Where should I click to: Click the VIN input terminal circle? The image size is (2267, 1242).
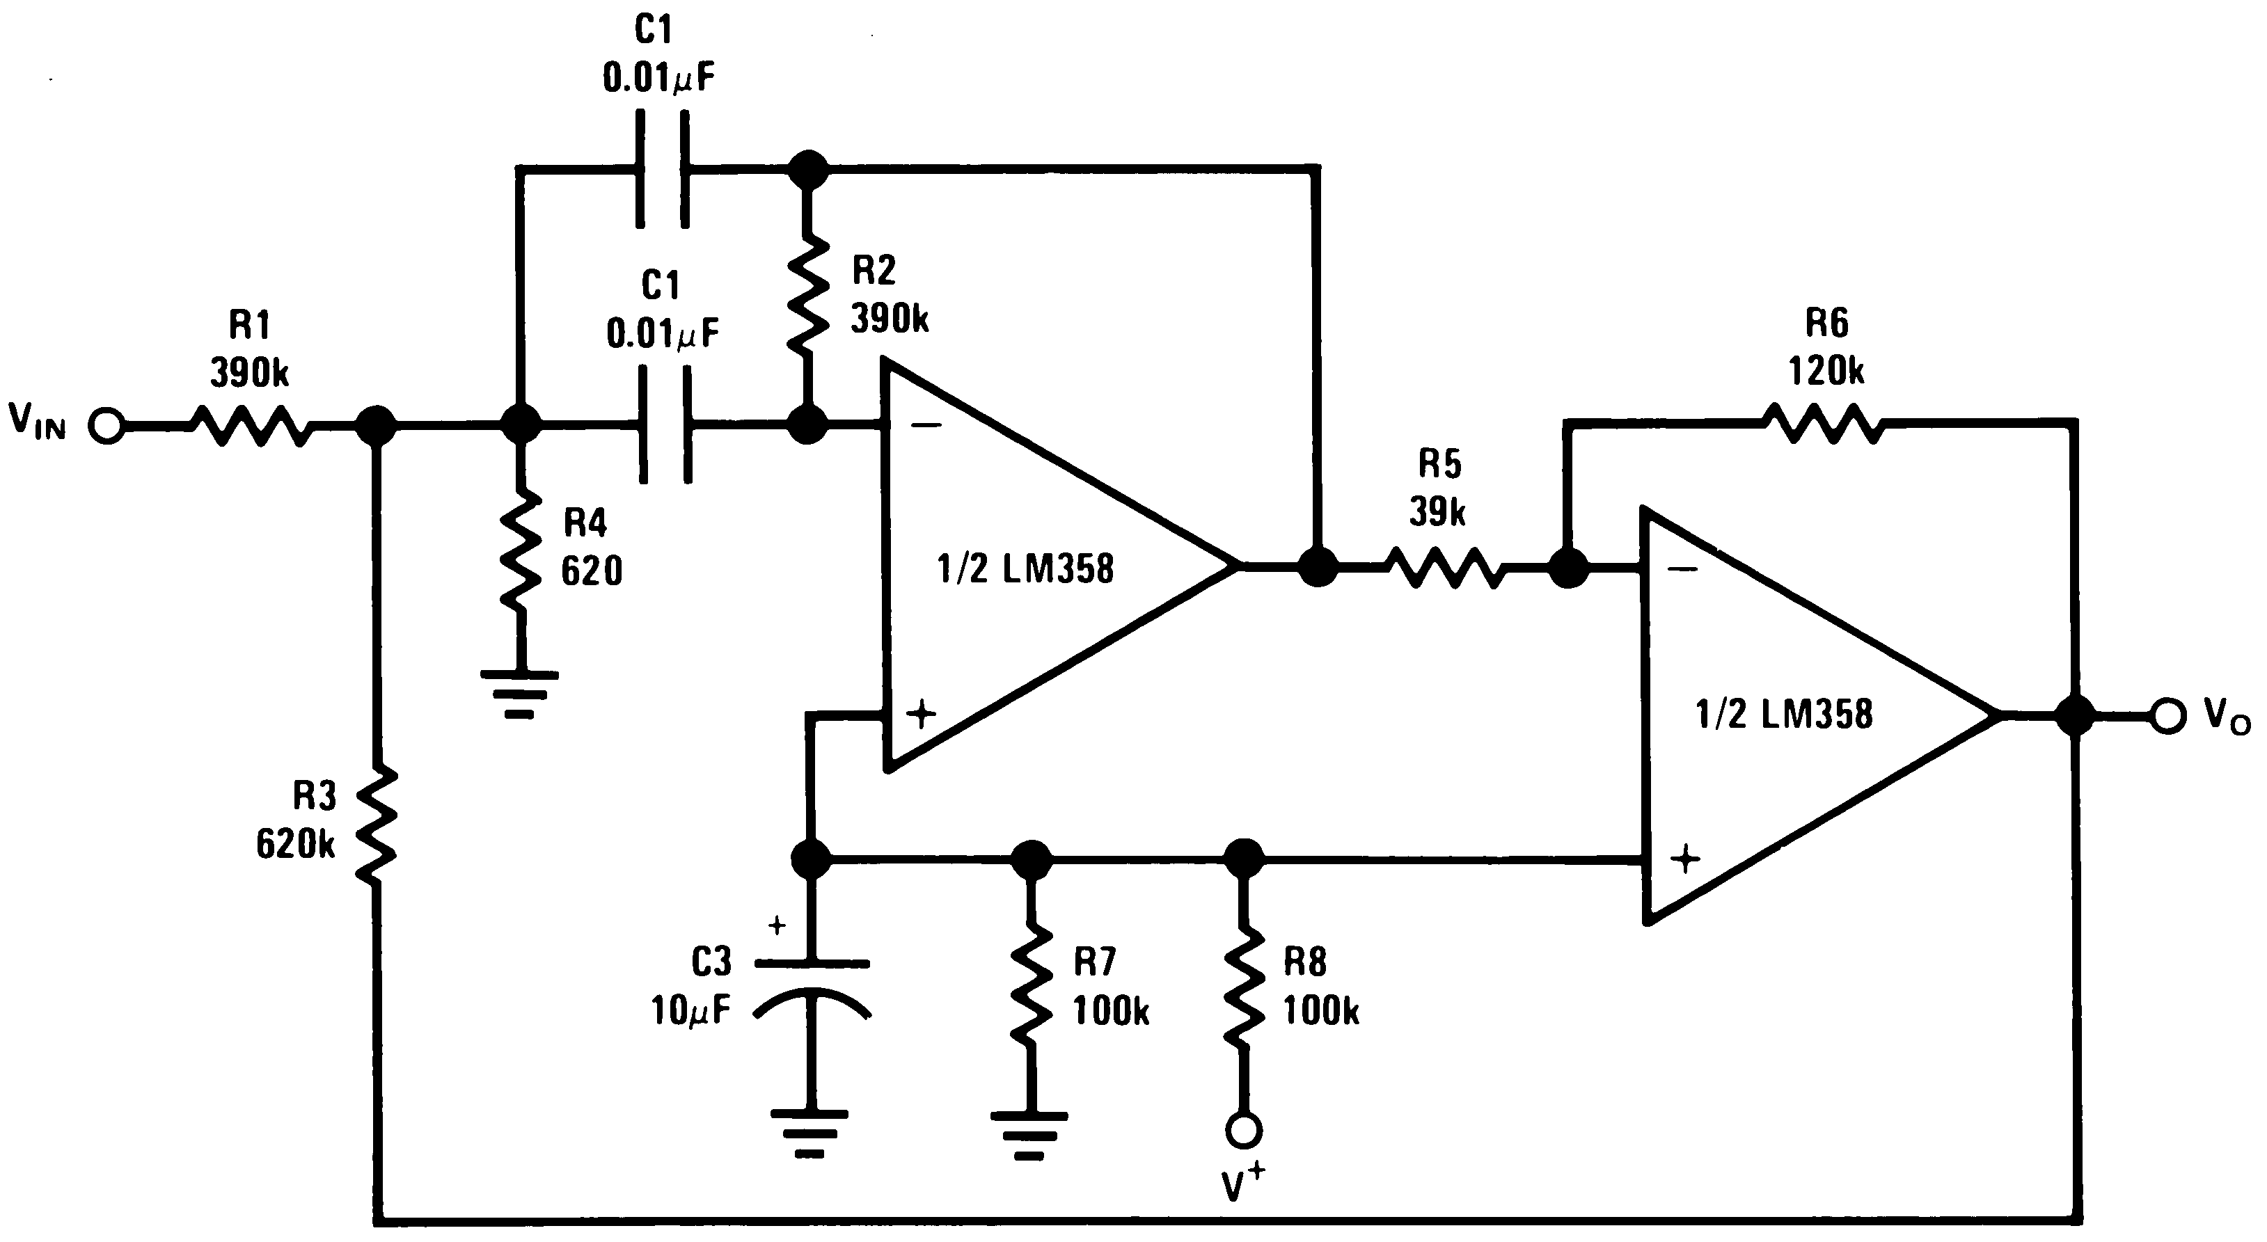pos(107,427)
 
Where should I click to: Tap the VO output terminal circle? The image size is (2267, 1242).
pos(2167,715)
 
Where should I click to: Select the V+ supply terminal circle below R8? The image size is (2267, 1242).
pos(1245,1130)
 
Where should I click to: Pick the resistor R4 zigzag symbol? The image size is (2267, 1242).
pos(520,550)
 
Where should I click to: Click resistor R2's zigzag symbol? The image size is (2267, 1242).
pos(807,294)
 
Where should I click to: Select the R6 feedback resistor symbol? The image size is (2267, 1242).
pos(1824,423)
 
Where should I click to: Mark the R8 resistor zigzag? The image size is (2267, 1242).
pos(1245,985)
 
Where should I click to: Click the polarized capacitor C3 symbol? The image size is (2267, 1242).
pos(812,989)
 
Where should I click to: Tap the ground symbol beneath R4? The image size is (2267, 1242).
pos(519,694)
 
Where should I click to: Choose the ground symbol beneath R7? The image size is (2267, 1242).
pos(1029,1135)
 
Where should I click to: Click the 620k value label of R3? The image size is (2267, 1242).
pos(296,845)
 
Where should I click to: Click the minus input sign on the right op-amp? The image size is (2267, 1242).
pos(1682,569)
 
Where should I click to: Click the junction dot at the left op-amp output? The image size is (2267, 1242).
pos(1318,567)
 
